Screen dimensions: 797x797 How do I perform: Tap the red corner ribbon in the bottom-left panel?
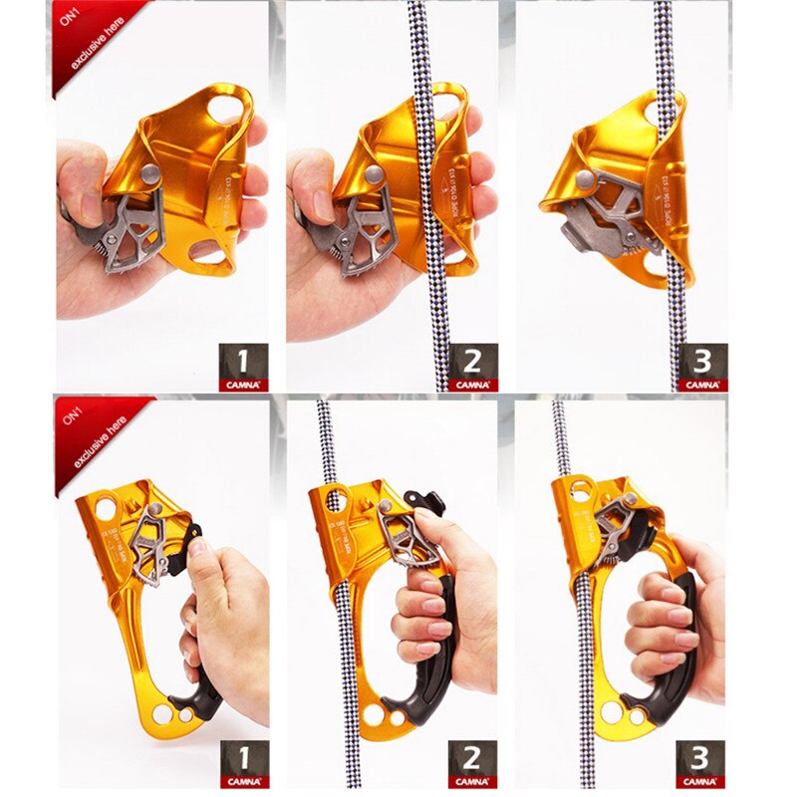pos(90,433)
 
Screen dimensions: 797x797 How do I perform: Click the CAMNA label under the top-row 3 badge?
pos(702,385)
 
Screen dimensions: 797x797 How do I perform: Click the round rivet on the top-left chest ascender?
pos(151,174)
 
